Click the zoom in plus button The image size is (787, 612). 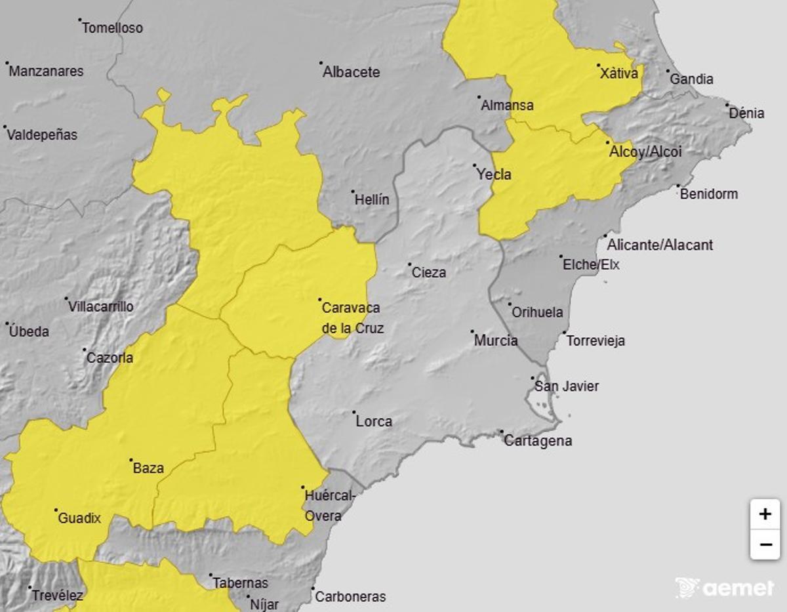pos(765,514)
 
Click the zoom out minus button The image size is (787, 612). pos(765,544)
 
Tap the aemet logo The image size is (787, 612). pos(724,588)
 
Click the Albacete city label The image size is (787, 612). pos(351,72)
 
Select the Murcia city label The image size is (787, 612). pos(496,340)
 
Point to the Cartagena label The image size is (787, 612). pos(538,441)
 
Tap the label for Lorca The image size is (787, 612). pos(374,421)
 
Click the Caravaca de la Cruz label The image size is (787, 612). pos(352,318)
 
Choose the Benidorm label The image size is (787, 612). pos(709,194)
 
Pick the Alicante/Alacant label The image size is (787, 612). pos(660,245)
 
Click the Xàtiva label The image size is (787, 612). pos(618,73)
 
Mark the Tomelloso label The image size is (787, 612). pos(113,28)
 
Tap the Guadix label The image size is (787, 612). pos(80,518)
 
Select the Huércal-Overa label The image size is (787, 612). pos(329,506)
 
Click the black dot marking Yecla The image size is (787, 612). pos(474,165)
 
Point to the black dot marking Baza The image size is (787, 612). pos(131,460)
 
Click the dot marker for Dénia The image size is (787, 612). pos(727,104)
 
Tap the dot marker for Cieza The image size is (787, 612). pos(410,265)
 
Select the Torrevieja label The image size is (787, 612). pos(595,341)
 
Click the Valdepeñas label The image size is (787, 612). pos(42,135)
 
